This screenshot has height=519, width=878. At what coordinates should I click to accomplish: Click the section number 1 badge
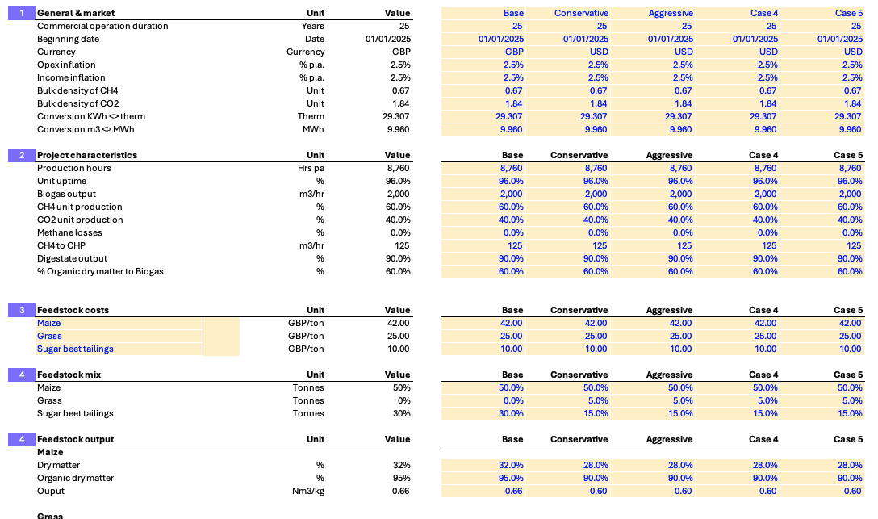pos(22,13)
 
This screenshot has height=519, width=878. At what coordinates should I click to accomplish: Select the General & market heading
pos(76,13)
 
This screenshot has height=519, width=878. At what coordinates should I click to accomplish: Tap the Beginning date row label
pos(68,39)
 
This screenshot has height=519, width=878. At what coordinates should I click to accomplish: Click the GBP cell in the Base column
pos(514,52)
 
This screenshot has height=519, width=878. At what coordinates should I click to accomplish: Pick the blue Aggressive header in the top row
pos(671,13)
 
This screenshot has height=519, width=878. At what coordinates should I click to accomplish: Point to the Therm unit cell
pos(311,116)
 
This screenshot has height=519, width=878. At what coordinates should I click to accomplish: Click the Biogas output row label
pos(66,194)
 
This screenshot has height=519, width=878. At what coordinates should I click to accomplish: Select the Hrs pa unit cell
pos(311,168)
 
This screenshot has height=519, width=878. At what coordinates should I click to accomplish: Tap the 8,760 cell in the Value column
pos(398,168)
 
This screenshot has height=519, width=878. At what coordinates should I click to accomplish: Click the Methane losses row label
pos(69,232)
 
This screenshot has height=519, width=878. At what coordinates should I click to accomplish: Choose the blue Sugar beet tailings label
pos(75,349)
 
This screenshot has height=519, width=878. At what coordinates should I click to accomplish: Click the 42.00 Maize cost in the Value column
pos(398,323)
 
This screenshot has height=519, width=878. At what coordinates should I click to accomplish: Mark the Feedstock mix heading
pos(69,375)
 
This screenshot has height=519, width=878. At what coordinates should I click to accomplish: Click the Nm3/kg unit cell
pos(308,491)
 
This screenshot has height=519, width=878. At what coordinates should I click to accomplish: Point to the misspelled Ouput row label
pos(50,491)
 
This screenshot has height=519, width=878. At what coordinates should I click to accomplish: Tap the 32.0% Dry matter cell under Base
pos(511,465)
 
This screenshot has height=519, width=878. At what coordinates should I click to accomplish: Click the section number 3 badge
pos(22,310)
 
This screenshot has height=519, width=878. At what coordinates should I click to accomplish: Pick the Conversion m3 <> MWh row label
pos(86,129)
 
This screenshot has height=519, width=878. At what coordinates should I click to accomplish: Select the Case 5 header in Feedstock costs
pos(848,310)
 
